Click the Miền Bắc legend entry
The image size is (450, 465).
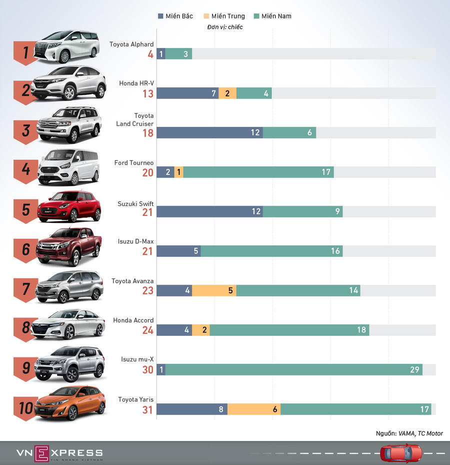[x=175, y=16]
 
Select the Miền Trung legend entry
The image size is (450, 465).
[x=224, y=16]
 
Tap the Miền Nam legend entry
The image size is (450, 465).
[x=272, y=16]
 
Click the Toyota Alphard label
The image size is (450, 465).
[x=131, y=44]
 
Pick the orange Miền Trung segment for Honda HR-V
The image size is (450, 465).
[x=227, y=93]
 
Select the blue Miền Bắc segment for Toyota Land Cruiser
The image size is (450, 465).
[x=209, y=132]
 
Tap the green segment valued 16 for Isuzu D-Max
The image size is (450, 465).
[x=271, y=251]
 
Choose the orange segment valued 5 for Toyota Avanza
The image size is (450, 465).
[x=214, y=290]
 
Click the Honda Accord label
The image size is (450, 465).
[x=133, y=320]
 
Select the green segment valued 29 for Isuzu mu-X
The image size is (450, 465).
[x=294, y=369]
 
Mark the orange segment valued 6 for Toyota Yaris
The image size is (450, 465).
[x=253, y=409]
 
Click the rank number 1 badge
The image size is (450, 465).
[x=25, y=51]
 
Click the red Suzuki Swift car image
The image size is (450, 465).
[x=69, y=206]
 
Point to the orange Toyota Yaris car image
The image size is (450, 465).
[x=70, y=403]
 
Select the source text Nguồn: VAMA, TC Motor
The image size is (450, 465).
[x=409, y=433]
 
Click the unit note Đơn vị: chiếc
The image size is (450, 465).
[x=224, y=27]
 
